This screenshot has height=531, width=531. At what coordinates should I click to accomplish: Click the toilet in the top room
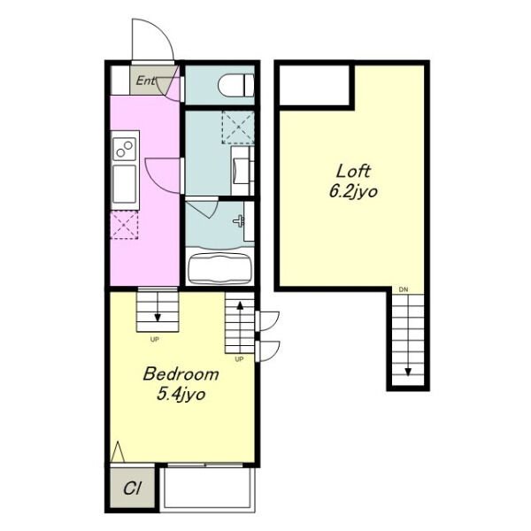pos(236,86)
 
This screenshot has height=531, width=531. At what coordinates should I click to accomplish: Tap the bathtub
pos(219,268)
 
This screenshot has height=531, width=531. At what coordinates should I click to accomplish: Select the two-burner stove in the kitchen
pos(124,149)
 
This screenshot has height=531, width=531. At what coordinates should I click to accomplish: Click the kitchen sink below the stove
pos(124,183)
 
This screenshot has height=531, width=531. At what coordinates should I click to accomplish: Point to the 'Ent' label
pos(146,81)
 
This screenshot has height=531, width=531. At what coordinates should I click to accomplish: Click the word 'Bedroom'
pos(181,373)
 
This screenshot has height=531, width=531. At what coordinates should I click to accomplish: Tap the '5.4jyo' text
pos(181,395)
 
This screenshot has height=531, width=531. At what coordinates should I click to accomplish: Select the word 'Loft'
pos(353,172)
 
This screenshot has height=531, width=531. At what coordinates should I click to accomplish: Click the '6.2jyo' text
pos(353,192)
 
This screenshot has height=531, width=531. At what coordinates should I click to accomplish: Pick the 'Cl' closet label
pos(132,489)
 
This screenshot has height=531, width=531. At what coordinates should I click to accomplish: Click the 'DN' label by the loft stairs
pos(404,289)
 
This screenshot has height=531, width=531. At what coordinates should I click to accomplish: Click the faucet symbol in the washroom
pos(239,220)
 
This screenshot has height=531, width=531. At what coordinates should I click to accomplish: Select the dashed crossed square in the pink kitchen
pos(124,225)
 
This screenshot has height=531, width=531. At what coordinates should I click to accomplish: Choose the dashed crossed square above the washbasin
pos(238,127)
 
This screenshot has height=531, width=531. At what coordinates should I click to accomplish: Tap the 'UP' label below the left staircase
pos(154,339)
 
